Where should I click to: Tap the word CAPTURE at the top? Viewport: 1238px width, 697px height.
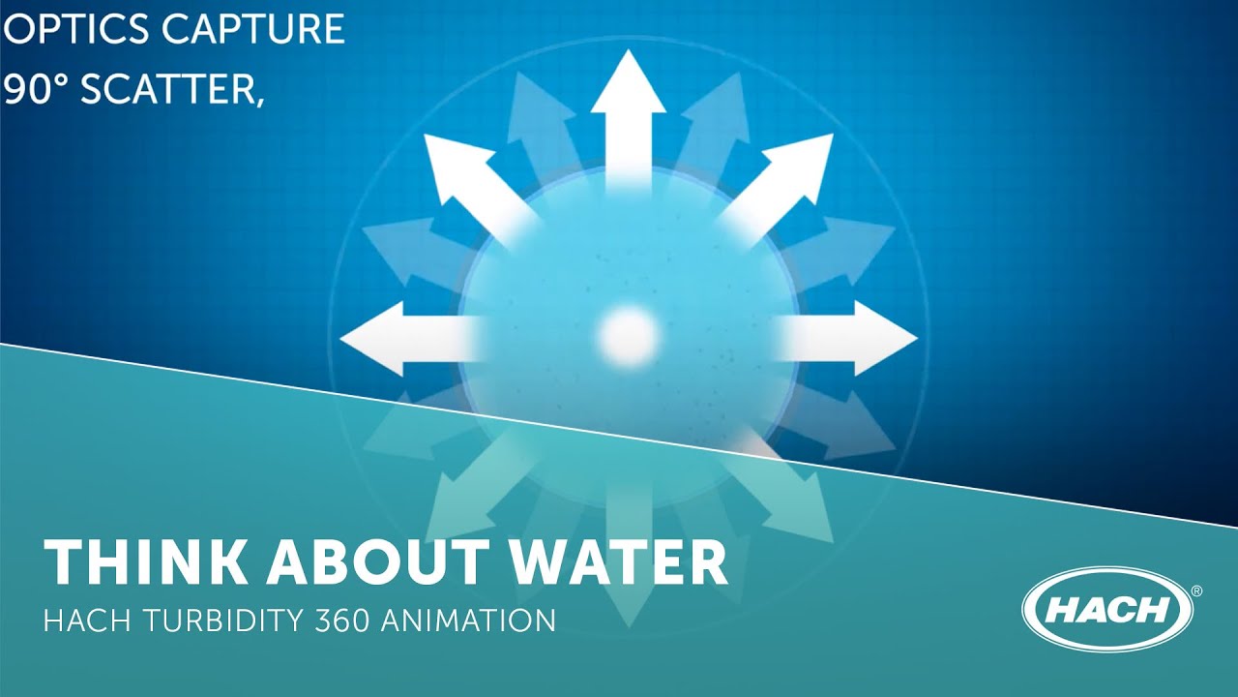coord(252,29)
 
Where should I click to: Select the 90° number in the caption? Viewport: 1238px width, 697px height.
coord(36,90)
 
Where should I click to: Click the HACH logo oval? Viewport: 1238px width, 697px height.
coord(1107,611)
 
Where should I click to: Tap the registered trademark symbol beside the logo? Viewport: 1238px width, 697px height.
coord(1196,591)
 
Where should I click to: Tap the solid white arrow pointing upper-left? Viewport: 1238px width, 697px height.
coord(464,174)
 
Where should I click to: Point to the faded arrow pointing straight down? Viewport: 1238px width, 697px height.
coord(628,571)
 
